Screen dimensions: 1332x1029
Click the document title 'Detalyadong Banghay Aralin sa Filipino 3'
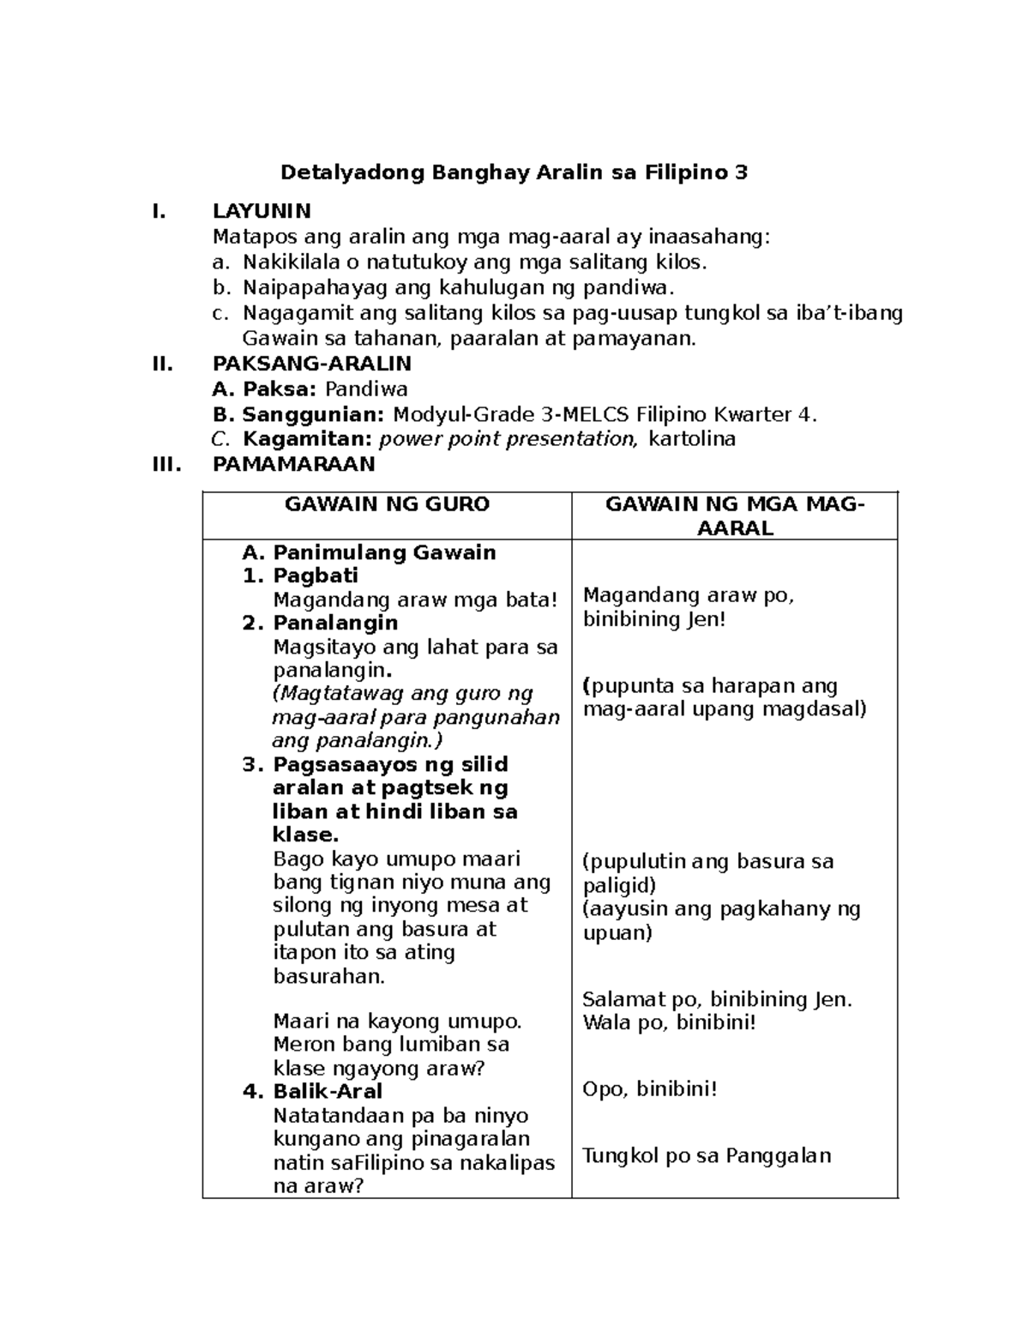514,173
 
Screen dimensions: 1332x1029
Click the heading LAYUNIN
262,211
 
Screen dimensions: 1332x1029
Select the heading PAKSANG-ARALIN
312,364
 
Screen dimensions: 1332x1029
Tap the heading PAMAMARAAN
293,464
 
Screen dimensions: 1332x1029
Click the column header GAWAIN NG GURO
387,504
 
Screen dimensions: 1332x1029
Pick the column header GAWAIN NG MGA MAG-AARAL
735,516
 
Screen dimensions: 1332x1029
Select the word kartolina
692,440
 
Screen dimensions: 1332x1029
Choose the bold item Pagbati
315,576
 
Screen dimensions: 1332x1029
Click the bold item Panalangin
335,623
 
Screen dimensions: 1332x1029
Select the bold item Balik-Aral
328,1092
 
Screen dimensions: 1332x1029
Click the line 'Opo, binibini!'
649,1089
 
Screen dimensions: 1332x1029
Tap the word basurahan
328,976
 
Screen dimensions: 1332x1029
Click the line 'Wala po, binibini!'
669,1022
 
